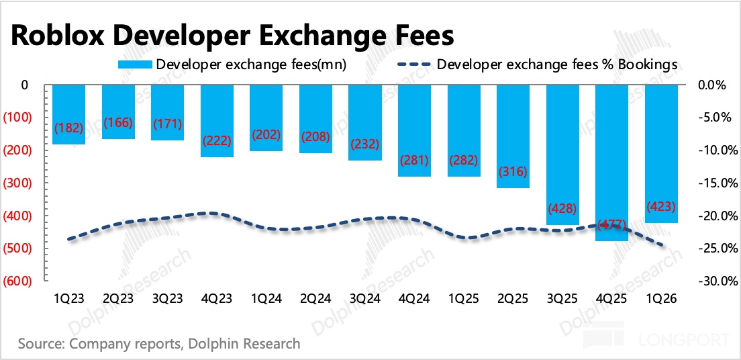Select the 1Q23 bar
pyautogui.click(x=69, y=115)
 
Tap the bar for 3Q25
pyautogui.click(x=562, y=155)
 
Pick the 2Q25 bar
pyautogui.click(x=513, y=137)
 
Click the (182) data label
pyautogui.click(x=69, y=128)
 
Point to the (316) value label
pyautogui.click(x=513, y=171)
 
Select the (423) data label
pyautogui.click(x=661, y=206)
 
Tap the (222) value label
pyautogui.click(x=217, y=140)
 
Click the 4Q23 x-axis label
pyautogui.click(x=217, y=299)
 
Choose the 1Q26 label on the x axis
pyautogui.click(x=661, y=299)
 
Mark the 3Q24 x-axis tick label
pyautogui.click(x=365, y=299)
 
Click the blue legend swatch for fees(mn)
pyautogui.click(x=136, y=64)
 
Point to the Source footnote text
pyautogui.click(x=159, y=343)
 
